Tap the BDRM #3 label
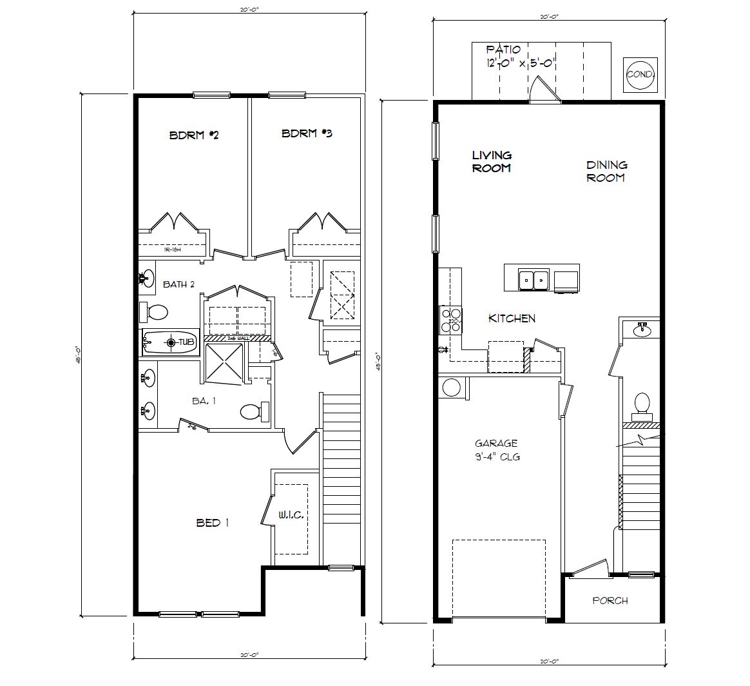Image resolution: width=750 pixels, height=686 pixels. (x=307, y=134)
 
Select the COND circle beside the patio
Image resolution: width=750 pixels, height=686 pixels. (x=640, y=74)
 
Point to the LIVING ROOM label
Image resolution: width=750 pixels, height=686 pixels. (x=492, y=162)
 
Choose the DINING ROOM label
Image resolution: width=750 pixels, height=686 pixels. (x=606, y=171)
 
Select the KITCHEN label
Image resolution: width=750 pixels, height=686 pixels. (x=512, y=318)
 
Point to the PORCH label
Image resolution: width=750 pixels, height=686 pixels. (x=610, y=601)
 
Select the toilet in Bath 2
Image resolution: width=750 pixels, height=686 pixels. (x=154, y=313)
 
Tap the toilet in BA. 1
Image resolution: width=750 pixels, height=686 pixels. (x=253, y=411)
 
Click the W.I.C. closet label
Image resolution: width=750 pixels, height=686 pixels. (x=291, y=515)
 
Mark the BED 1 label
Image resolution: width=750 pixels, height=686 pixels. (x=213, y=523)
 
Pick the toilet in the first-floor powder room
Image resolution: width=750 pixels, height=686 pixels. (x=642, y=404)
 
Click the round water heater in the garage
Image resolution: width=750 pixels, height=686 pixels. (x=451, y=388)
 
